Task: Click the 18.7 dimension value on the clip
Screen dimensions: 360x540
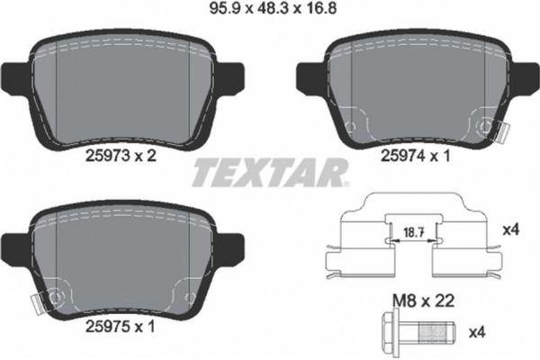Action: coord(410,231)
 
